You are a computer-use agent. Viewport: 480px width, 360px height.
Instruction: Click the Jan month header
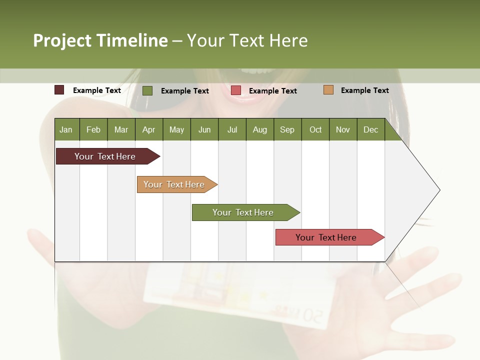coord(66,129)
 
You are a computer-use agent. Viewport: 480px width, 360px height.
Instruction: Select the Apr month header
coord(148,129)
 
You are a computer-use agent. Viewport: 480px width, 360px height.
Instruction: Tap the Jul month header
coord(232,129)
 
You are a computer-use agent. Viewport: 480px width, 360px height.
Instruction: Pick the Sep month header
coord(287,129)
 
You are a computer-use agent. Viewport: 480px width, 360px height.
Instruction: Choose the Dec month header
coord(370,129)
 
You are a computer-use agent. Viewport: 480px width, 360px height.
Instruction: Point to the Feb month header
coord(93,129)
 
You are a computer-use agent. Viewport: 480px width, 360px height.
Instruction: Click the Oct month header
coord(315,129)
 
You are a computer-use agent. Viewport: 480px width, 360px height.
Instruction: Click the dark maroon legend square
coord(59,90)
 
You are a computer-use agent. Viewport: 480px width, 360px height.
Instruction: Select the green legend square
coord(147,90)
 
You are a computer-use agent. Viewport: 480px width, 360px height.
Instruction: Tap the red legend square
coord(236,90)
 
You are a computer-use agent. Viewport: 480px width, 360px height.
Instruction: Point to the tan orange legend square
coord(328,90)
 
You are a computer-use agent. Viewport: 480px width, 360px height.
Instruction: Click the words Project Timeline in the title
coord(100,40)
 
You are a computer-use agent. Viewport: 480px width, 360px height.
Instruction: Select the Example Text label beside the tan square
coord(364,90)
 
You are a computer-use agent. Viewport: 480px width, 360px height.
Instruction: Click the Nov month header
coord(343,129)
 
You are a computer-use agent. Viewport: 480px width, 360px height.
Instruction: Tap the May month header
coord(176,129)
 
